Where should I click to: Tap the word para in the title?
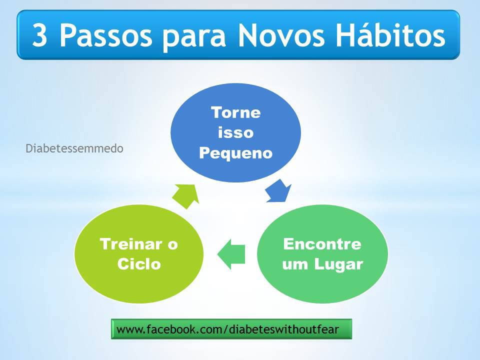tap(194, 38)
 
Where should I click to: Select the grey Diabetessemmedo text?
tap(74, 148)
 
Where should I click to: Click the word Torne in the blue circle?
tap(235, 112)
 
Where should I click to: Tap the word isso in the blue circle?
tap(235, 132)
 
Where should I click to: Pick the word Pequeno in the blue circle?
tap(235, 153)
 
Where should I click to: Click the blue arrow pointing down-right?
tap(278, 191)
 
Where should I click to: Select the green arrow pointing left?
tap(231, 254)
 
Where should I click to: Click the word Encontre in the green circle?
tap(322, 244)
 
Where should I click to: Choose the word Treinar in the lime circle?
tap(131, 244)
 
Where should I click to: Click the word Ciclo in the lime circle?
tap(139, 264)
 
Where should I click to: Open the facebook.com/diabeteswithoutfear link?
tap(228, 329)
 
